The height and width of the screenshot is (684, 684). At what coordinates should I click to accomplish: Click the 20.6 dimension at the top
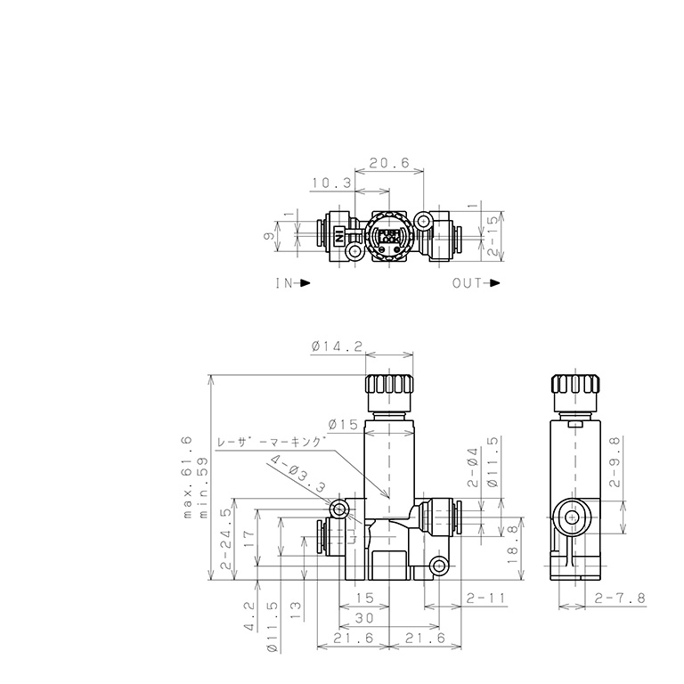[389, 163]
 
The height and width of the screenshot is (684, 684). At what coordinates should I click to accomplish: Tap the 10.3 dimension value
[331, 183]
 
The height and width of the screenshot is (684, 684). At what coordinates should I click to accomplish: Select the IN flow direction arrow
[305, 282]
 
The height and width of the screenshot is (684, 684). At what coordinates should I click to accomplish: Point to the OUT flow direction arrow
[494, 282]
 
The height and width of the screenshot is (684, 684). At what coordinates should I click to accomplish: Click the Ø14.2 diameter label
[337, 346]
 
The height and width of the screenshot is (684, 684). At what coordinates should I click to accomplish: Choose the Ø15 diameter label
[343, 424]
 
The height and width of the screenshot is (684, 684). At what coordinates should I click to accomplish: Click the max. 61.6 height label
[188, 476]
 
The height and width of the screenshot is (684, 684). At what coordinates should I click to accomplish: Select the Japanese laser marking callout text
[272, 442]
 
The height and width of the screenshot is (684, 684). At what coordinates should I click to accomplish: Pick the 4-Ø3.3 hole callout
[298, 474]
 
